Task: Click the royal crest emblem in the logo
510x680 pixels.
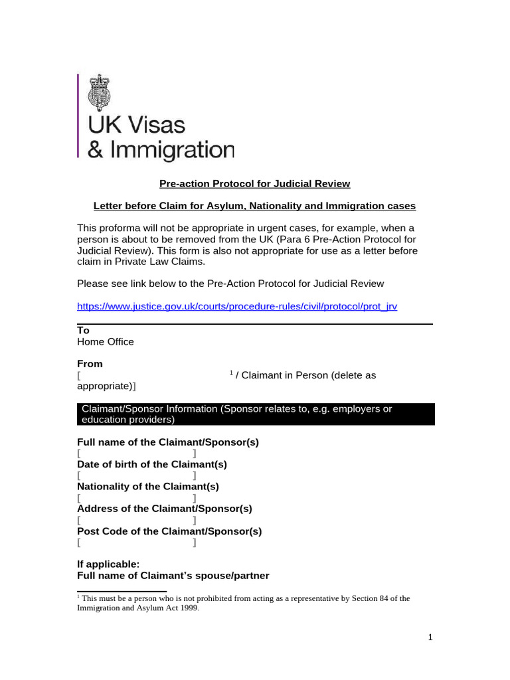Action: click(101, 92)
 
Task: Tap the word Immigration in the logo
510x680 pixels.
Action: click(170, 149)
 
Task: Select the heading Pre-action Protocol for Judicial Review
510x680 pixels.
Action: click(255, 183)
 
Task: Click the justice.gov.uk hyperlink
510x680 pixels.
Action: click(237, 306)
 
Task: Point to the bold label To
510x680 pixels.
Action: click(83, 330)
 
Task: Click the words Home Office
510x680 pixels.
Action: click(106, 341)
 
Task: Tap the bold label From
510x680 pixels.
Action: click(90, 363)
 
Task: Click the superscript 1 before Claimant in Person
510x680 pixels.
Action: click(231, 373)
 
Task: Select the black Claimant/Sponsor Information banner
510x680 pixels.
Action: click(256, 414)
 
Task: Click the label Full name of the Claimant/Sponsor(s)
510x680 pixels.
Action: click(168, 442)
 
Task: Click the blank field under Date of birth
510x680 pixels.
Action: click(137, 475)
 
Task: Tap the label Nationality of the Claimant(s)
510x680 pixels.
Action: click(148, 486)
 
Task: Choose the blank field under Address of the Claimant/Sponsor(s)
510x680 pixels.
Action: click(137, 520)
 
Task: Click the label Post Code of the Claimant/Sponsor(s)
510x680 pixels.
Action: click(169, 531)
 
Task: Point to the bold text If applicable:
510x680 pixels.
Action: click(108, 564)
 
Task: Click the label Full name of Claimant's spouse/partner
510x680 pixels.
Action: click(173, 576)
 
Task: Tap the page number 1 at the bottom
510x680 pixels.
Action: click(430, 637)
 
